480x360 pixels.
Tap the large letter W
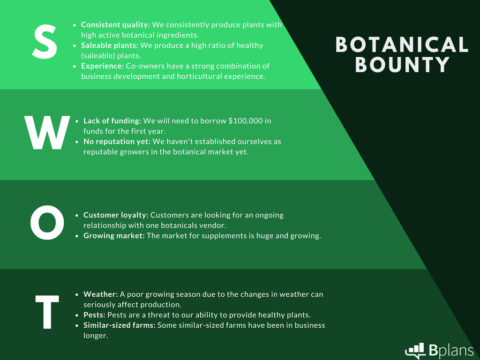(x=47, y=133)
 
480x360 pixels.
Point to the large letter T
(x=47, y=312)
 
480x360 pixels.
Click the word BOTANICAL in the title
(x=402, y=45)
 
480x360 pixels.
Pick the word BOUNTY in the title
(x=402, y=65)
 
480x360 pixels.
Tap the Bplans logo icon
(x=415, y=350)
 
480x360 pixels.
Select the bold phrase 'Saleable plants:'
(x=109, y=45)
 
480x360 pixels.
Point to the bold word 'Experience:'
(x=102, y=66)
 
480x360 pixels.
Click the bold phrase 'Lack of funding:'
(x=112, y=121)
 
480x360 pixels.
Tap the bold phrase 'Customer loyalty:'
(x=116, y=215)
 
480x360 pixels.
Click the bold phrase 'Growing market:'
(x=114, y=236)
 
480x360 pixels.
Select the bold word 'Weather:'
(x=100, y=294)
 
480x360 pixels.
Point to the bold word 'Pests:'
(x=94, y=315)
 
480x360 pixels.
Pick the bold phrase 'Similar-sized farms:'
(x=120, y=325)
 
